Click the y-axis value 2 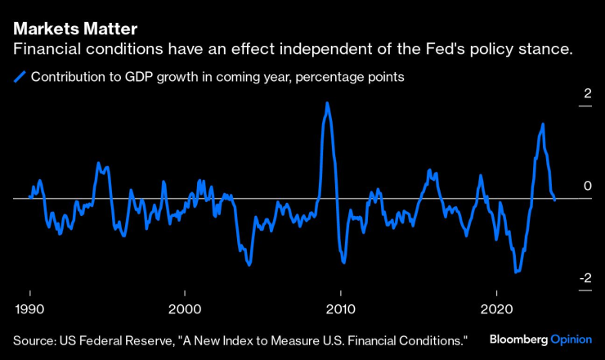tap(586, 95)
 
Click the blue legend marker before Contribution tap(20, 78)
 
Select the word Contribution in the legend tap(69, 78)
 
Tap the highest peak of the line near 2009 tap(327, 104)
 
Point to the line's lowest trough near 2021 tap(516, 272)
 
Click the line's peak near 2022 tap(543, 124)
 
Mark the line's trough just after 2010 tap(344, 263)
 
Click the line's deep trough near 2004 tap(249, 264)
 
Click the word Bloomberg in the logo tap(518, 339)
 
